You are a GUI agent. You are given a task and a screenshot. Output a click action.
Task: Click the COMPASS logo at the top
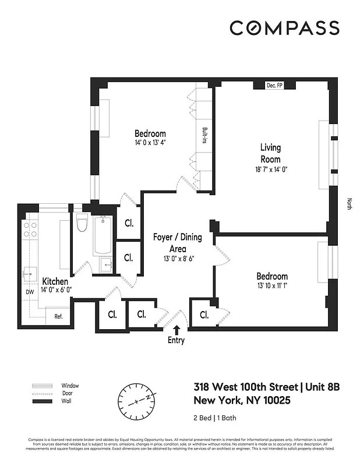(284, 28)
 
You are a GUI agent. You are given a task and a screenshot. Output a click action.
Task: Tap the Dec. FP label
(274, 86)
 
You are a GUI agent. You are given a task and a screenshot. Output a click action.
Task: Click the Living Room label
(270, 153)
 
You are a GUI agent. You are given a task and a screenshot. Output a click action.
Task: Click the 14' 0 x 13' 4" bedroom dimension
(150, 142)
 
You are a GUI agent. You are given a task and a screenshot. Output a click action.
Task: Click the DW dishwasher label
(29, 292)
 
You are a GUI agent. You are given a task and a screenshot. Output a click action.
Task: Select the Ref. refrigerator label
(58, 317)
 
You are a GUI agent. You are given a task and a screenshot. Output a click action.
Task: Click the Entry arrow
(177, 330)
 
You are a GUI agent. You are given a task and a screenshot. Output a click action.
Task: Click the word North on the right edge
(350, 204)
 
